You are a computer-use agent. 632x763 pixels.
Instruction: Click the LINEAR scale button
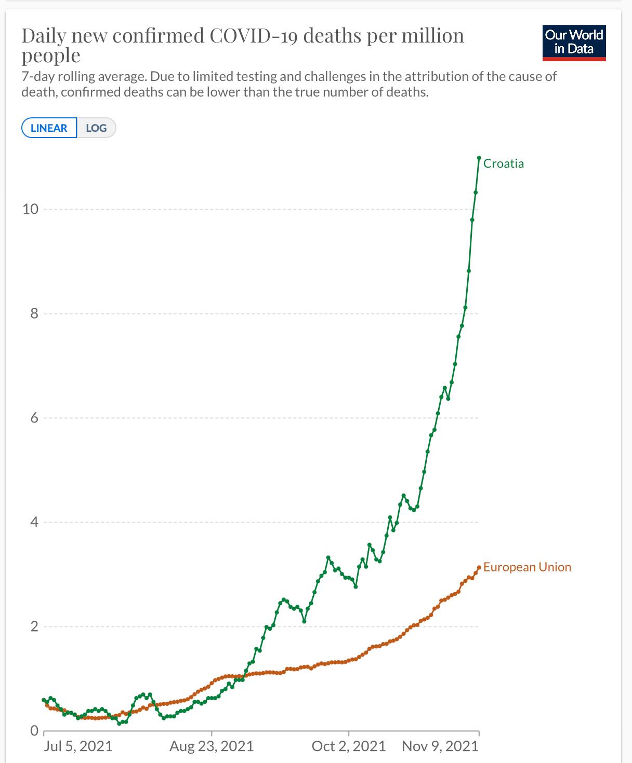coord(49,128)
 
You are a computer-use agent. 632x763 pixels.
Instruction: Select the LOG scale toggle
coord(96,128)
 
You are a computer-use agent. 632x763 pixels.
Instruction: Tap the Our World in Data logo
coord(574,43)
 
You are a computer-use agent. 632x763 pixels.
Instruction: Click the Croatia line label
coord(503,163)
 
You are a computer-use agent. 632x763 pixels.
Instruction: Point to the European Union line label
coord(527,567)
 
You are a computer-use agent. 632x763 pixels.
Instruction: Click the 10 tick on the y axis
coord(30,209)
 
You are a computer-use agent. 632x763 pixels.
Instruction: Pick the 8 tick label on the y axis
coord(34,314)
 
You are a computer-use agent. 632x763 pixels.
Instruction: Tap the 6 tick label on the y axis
coord(34,418)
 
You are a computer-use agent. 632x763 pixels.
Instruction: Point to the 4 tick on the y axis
coord(34,522)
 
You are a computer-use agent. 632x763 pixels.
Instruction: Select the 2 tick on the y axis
coord(34,626)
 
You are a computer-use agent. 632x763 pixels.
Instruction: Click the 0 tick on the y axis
coord(34,731)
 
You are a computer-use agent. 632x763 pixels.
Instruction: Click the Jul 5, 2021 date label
coord(78,746)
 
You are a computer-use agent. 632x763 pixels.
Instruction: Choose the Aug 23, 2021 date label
coord(212,746)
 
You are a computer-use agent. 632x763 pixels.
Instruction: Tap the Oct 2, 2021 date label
coord(349,746)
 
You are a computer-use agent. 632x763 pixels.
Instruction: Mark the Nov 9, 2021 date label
coord(440,746)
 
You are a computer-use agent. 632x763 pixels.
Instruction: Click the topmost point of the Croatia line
coord(479,157)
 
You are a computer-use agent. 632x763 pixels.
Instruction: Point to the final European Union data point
coord(479,567)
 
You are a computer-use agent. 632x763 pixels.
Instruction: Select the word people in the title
coord(51,56)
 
